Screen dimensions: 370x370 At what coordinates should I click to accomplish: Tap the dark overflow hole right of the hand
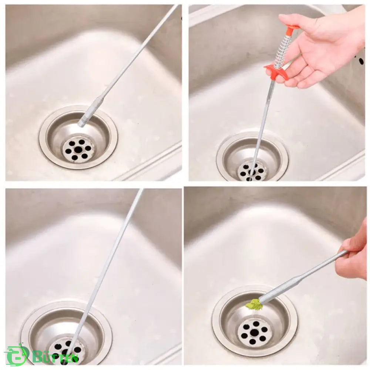click(361, 61)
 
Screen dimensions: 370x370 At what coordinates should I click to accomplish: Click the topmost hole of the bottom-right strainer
click(255, 323)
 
